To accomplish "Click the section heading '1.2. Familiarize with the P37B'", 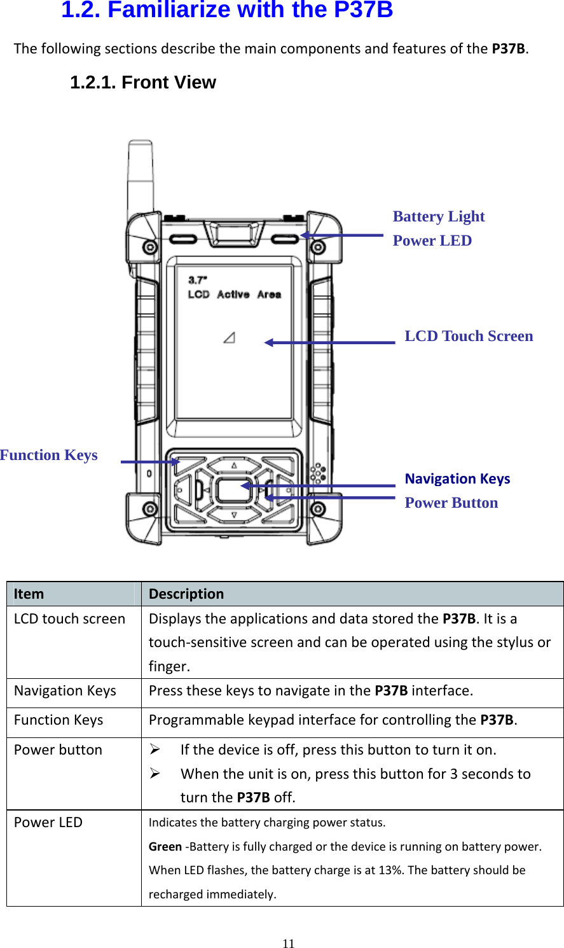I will [x=227, y=10].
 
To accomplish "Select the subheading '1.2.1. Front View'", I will [x=143, y=83].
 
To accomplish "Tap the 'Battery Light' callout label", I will [x=439, y=216].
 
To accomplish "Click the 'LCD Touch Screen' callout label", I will [x=469, y=336].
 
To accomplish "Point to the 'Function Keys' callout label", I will [x=49, y=455].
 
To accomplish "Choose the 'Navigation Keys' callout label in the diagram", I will [x=457, y=478].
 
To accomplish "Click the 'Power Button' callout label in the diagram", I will [x=451, y=503].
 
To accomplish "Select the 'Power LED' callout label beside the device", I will [x=432, y=240].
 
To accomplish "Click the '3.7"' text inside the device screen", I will [x=198, y=280].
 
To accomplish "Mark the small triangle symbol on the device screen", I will [x=230, y=337].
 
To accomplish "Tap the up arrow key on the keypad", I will [x=234, y=466].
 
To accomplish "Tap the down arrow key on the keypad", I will [x=234, y=515].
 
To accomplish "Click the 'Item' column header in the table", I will [x=29, y=594].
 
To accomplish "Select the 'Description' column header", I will [x=186, y=594].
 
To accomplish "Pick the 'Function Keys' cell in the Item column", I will [x=58, y=720].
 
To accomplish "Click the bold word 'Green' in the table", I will [x=165, y=847].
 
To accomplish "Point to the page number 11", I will [x=289, y=944].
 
